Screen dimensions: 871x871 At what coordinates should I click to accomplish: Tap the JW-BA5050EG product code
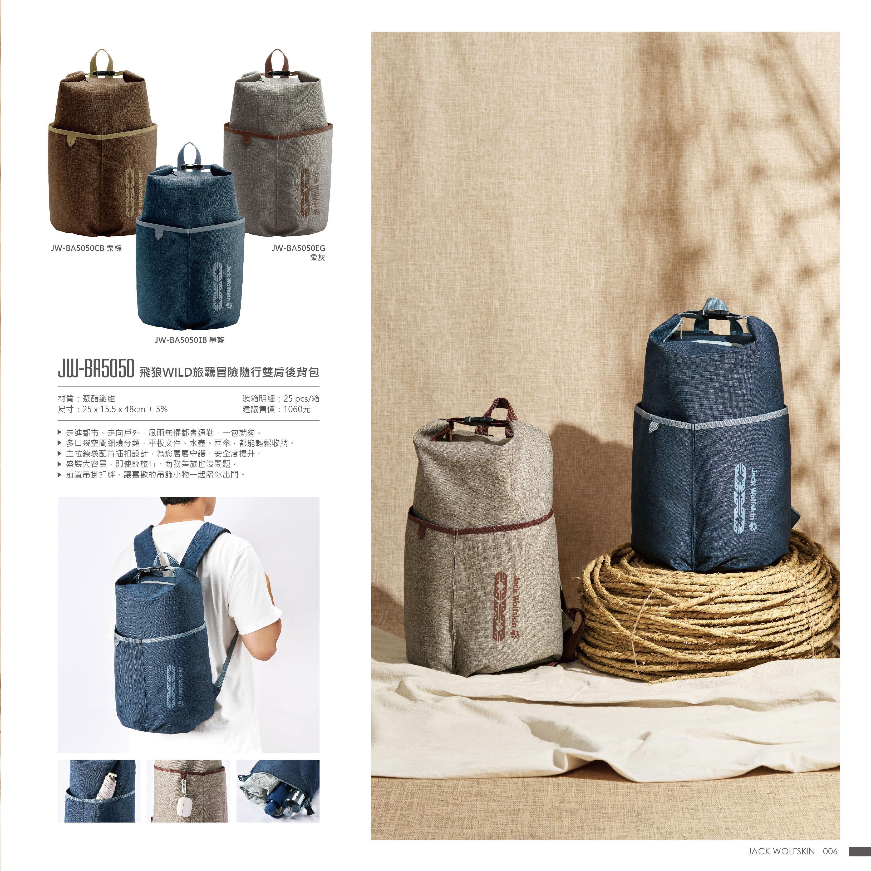tap(298, 248)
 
